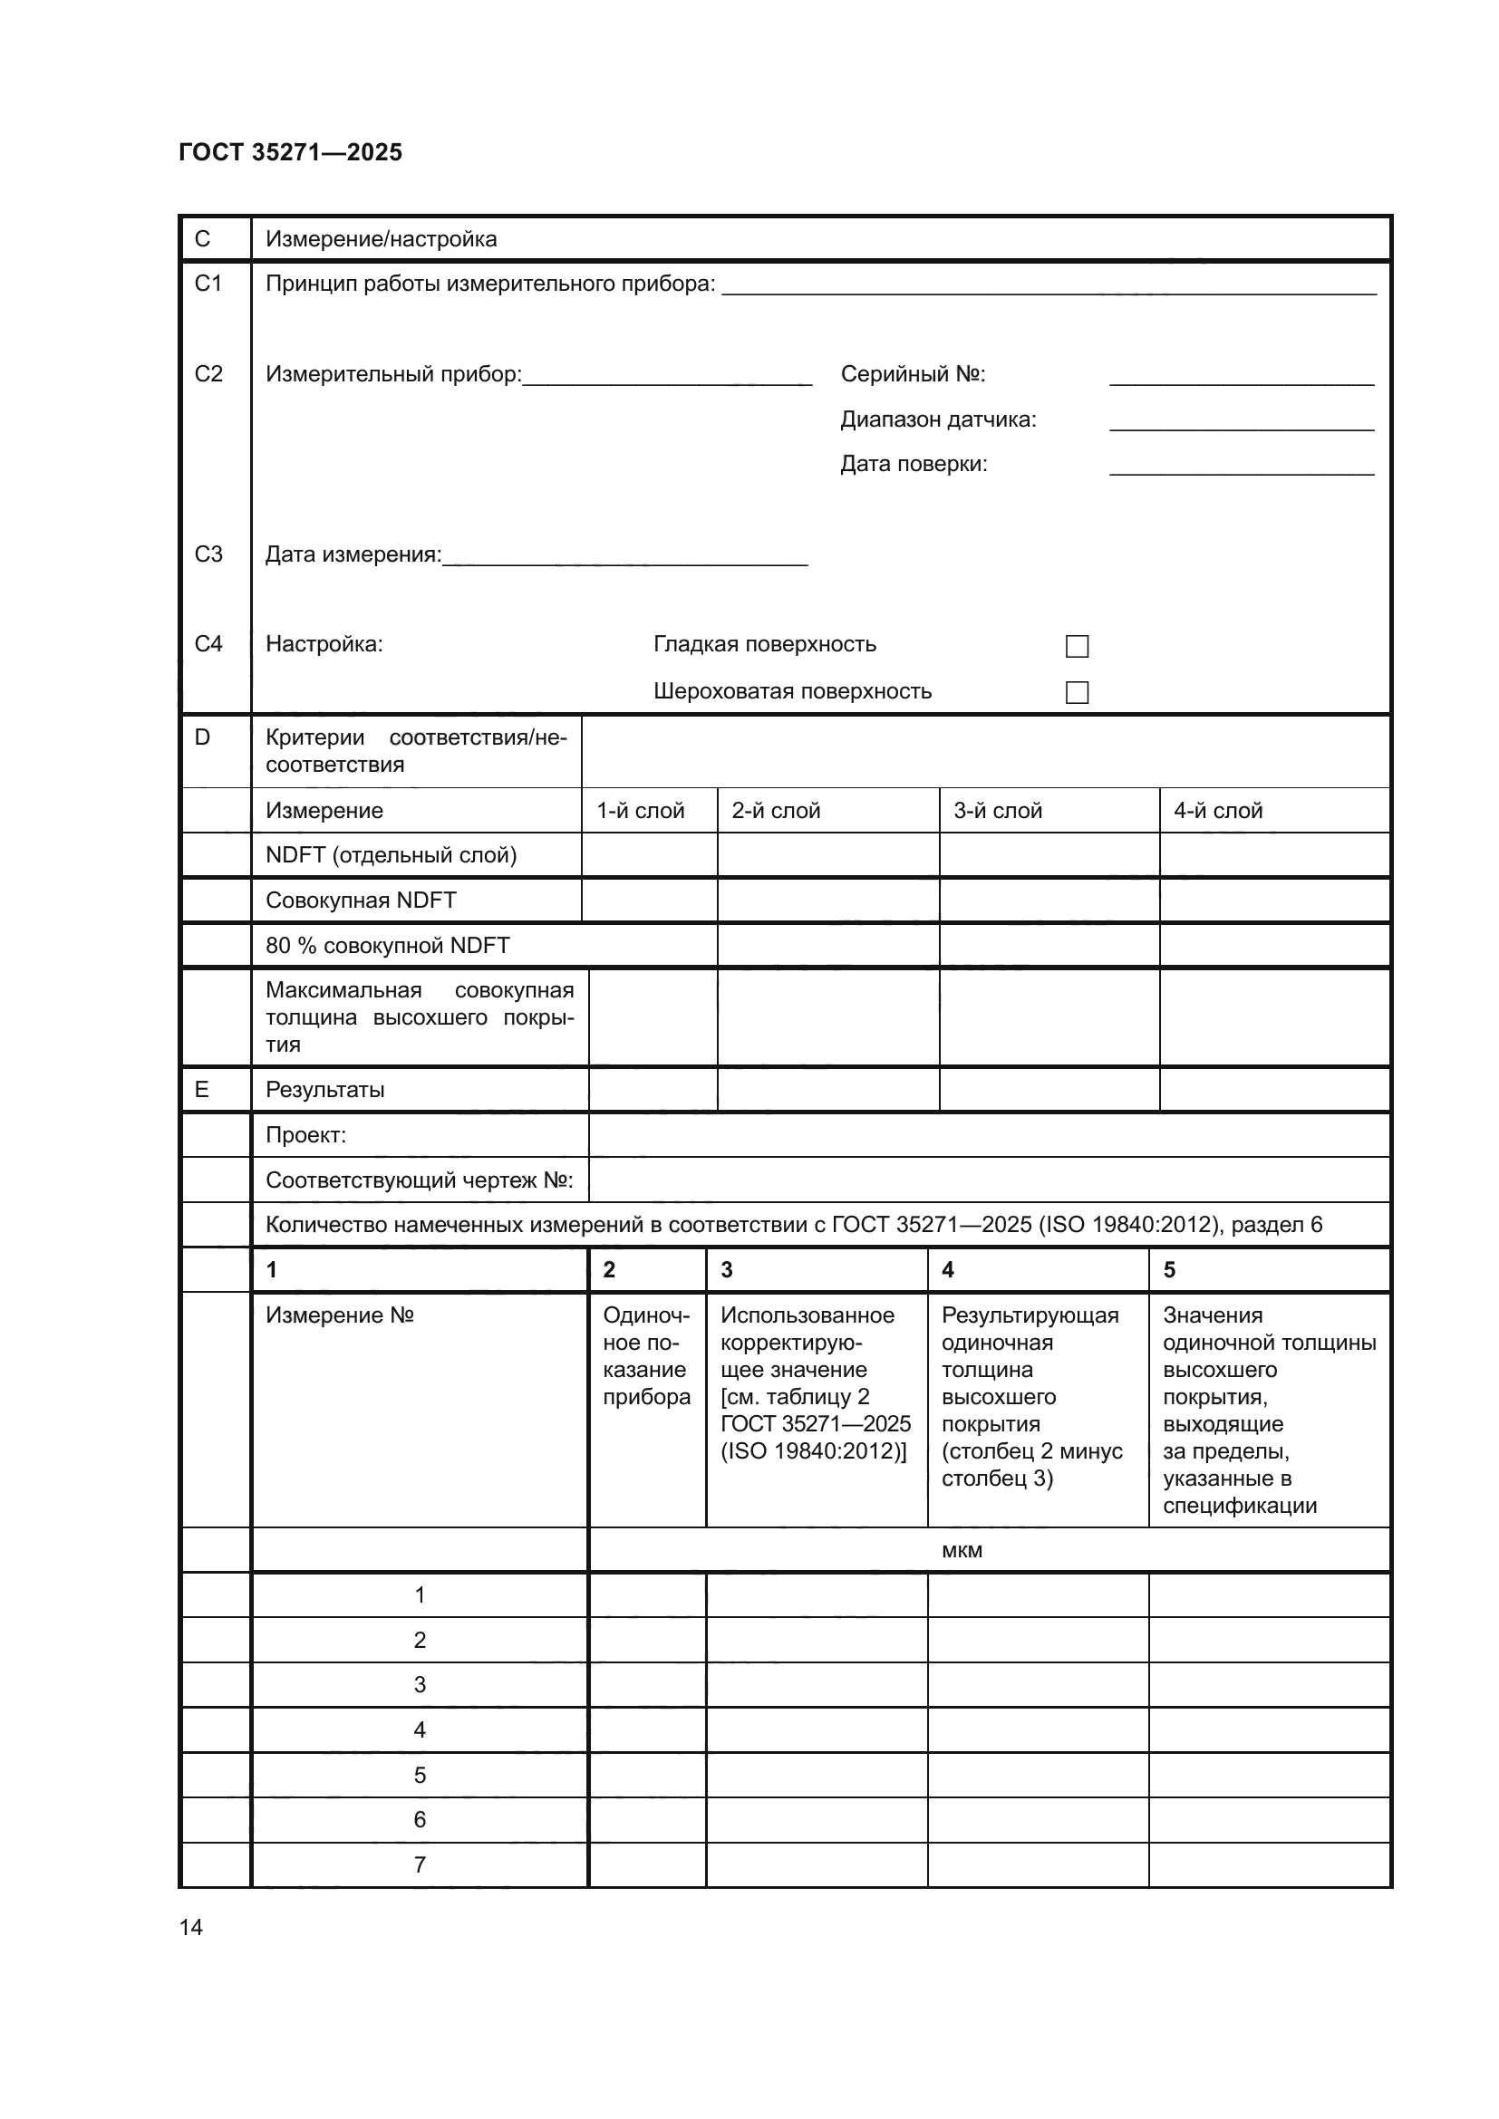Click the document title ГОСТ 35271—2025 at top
[290, 152]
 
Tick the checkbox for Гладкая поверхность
[1077, 646]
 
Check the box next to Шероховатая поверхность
[1077, 692]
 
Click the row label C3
[208, 554]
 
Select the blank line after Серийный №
[1242, 377]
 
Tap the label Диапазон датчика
[938, 419]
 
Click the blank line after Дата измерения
[625, 556]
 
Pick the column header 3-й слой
[997, 810]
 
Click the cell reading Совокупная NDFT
[361, 900]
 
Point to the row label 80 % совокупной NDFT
[388, 945]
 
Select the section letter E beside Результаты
[201, 1089]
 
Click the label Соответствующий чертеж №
[419, 1180]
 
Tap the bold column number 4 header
[947, 1270]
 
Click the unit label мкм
[961, 1550]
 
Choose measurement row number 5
[419, 1775]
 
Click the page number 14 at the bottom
[191, 1927]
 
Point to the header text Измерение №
[340, 1315]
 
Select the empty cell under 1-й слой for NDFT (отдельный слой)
[649, 854]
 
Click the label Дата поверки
[913, 463]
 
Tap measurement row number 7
[419, 1864]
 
